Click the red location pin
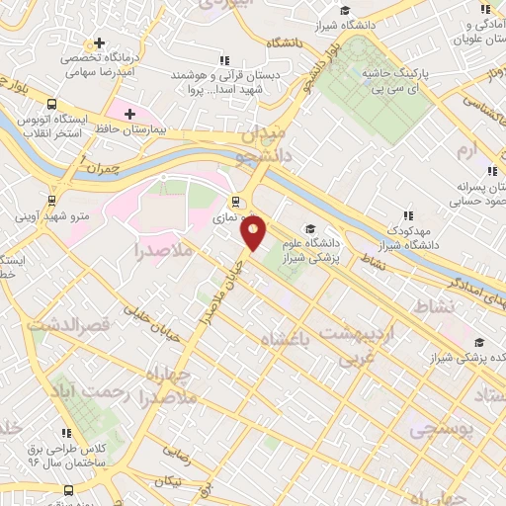[x=254, y=234]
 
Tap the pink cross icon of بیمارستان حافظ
[x=129, y=114]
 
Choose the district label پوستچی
[x=442, y=429]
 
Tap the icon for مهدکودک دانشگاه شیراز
[x=407, y=215]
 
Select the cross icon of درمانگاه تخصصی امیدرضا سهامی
[x=98, y=43]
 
